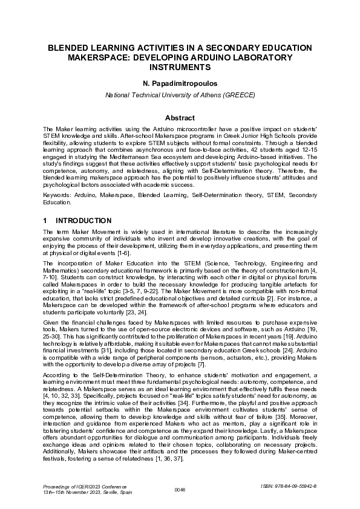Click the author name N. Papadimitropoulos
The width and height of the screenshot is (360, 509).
point(180,83)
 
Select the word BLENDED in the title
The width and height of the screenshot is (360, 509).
point(74,48)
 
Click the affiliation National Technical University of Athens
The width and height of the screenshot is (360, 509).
point(180,96)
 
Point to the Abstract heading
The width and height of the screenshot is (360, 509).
point(180,118)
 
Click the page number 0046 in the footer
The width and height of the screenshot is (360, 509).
point(180,489)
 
